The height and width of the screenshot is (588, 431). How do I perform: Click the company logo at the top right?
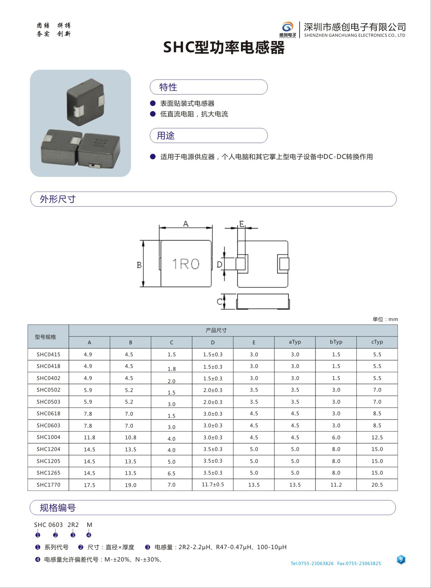288,29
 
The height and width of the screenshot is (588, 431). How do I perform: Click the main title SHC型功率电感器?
224,48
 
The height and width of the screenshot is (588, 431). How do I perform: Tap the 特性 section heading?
168,87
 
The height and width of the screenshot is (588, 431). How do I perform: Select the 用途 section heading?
166,136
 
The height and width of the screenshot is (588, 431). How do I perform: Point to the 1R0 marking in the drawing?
186,264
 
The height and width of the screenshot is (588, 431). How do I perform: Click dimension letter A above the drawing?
186,224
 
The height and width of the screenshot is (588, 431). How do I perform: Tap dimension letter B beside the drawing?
139,265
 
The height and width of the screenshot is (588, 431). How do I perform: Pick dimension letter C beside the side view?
220,302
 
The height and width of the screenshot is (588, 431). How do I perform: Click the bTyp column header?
336,342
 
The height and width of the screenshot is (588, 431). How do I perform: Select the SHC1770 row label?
49,485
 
